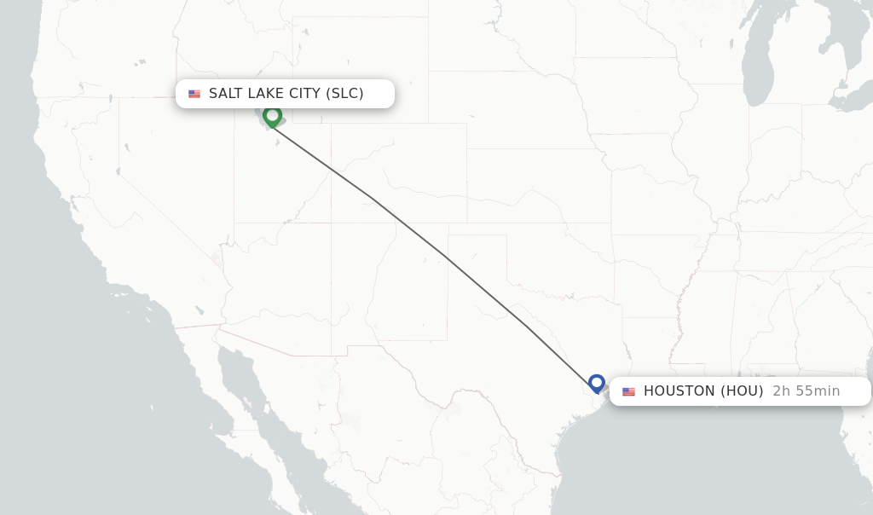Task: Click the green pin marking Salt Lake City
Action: point(272,116)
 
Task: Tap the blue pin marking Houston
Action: point(597,383)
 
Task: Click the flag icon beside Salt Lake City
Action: point(194,94)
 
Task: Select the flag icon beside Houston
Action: point(629,392)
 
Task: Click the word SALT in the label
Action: point(226,94)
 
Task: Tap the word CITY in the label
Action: point(305,94)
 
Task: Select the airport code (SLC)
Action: point(344,94)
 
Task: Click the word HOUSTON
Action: point(679,391)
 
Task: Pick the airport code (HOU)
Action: point(742,391)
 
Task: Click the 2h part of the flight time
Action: point(781,391)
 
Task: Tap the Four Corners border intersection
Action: point(331,223)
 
